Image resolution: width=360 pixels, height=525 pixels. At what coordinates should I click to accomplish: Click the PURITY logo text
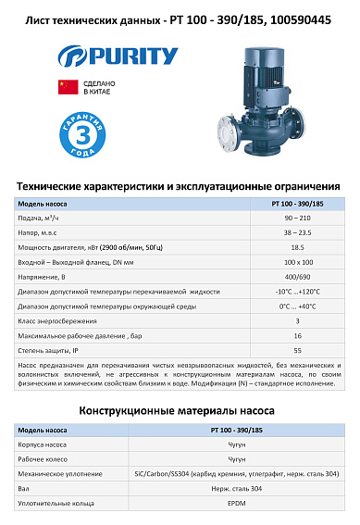point(130,56)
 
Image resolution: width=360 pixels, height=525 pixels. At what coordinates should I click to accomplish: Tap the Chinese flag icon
point(65,87)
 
